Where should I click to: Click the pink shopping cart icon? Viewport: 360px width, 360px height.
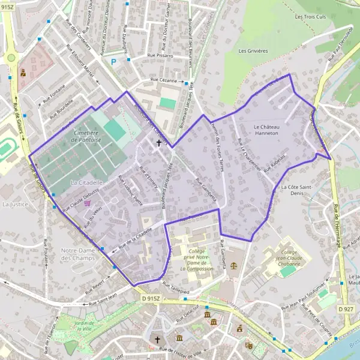pos(88,203)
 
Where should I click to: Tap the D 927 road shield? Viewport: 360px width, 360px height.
pos(345,308)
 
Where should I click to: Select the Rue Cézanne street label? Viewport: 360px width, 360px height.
pos(164,80)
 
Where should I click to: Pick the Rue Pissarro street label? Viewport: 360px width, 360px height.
pos(159,55)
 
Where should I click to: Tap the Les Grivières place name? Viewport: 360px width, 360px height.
pos(253,51)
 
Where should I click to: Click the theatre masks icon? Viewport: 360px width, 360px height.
pos(248,345)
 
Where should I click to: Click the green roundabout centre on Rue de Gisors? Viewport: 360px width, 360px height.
pos(10,58)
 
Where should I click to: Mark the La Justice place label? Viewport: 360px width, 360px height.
pos(16,204)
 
